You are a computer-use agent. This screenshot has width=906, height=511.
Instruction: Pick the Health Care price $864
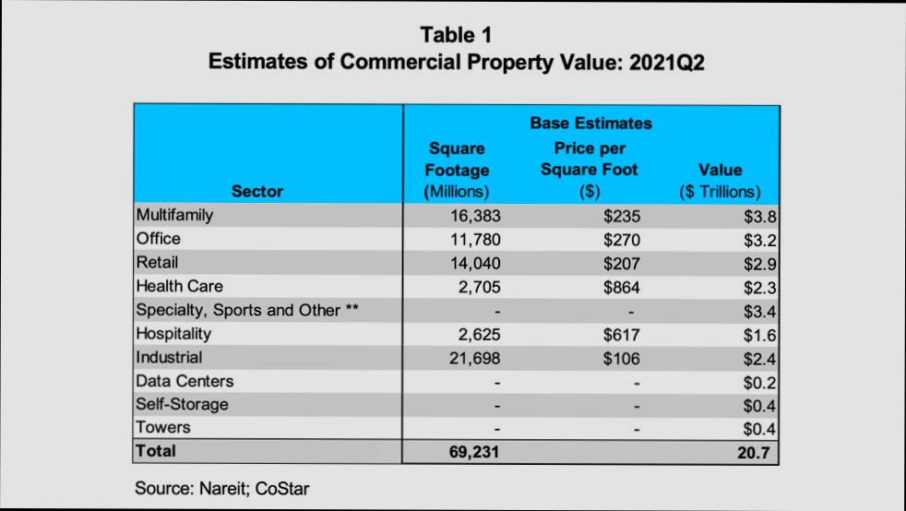coord(621,288)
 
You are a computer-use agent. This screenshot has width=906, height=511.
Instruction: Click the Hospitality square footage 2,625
coord(479,335)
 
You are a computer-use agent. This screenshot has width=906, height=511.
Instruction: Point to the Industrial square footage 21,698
coord(473,358)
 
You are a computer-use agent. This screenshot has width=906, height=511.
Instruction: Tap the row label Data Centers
coord(185,381)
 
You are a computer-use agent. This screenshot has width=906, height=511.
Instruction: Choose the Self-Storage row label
coord(182,404)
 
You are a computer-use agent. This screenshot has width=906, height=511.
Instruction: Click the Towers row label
coord(162,427)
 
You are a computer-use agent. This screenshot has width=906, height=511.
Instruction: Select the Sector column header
coord(257,192)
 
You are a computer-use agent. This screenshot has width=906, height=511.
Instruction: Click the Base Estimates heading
coord(590,123)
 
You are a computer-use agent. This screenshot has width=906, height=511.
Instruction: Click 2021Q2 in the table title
coord(656,63)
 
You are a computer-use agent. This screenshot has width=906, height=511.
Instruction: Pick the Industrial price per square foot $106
coord(621,358)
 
